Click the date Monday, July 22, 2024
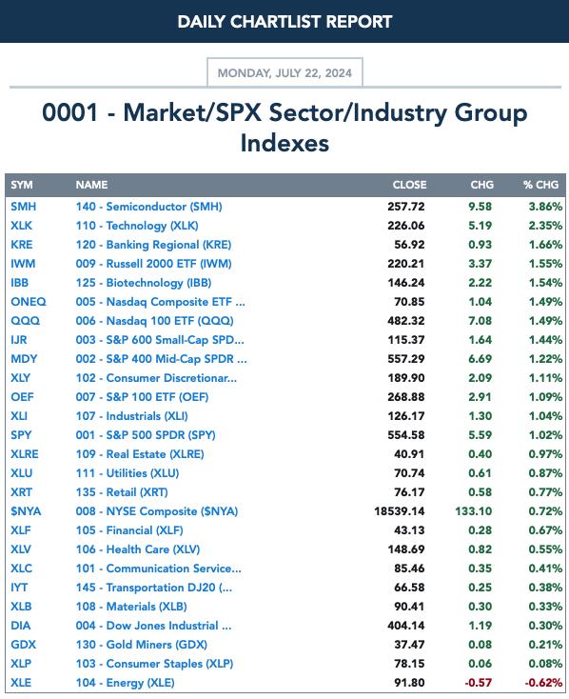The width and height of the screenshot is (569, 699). point(284,73)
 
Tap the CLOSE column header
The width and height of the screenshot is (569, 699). point(409,185)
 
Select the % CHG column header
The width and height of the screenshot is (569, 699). point(540,185)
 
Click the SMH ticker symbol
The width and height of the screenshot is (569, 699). point(24,207)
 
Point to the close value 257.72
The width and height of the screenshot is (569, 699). point(406,207)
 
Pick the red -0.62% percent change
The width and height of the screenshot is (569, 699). point(543,683)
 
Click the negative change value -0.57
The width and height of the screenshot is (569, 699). point(478,683)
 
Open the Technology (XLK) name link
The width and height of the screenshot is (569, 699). point(137,226)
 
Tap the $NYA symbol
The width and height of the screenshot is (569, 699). point(26,511)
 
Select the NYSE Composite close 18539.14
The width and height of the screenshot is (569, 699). point(400,511)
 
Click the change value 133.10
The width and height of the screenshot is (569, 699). point(474,511)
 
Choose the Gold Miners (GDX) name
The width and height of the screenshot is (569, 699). point(141,645)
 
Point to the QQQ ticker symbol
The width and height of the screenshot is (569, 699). point(26,321)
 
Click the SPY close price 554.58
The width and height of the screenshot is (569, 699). point(406,435)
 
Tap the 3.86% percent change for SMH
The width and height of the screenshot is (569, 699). point(545,207)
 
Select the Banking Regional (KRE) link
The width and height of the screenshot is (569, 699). point(153,245)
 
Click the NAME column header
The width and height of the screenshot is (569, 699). point(91,185)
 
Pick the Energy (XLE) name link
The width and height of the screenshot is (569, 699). point(126,683)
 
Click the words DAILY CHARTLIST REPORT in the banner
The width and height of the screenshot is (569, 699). point(284,21)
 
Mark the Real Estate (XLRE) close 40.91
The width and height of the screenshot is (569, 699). point(409,454)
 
